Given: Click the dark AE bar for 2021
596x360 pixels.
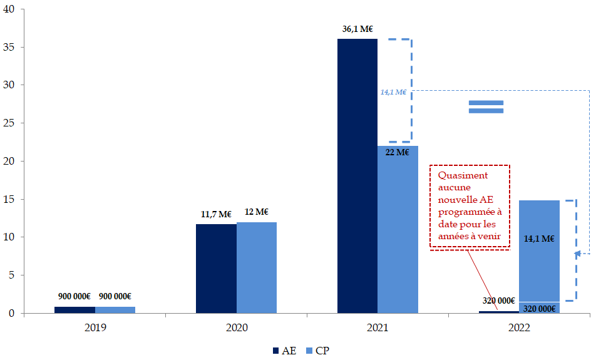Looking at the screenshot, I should point(357,175).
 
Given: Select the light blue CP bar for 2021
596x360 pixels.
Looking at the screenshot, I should point(398,229).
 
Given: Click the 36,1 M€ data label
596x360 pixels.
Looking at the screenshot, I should point(357,29).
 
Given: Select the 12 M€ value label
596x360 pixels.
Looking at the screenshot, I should point(257,212).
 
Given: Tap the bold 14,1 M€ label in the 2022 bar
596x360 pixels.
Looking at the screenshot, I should point(539,238).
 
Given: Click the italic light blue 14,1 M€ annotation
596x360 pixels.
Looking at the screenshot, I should point(393,92).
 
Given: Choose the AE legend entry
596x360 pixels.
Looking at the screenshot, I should point(284,351).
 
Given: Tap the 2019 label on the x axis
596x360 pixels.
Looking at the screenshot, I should point(95,327).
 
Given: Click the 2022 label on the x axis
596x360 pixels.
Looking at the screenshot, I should point(520,327).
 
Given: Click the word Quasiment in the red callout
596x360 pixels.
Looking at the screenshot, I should point(463,175).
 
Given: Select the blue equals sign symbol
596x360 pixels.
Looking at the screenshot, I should point(486,106).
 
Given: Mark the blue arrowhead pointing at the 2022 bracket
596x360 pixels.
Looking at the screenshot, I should point(579,254).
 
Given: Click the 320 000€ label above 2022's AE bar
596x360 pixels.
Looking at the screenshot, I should point(499,301).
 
